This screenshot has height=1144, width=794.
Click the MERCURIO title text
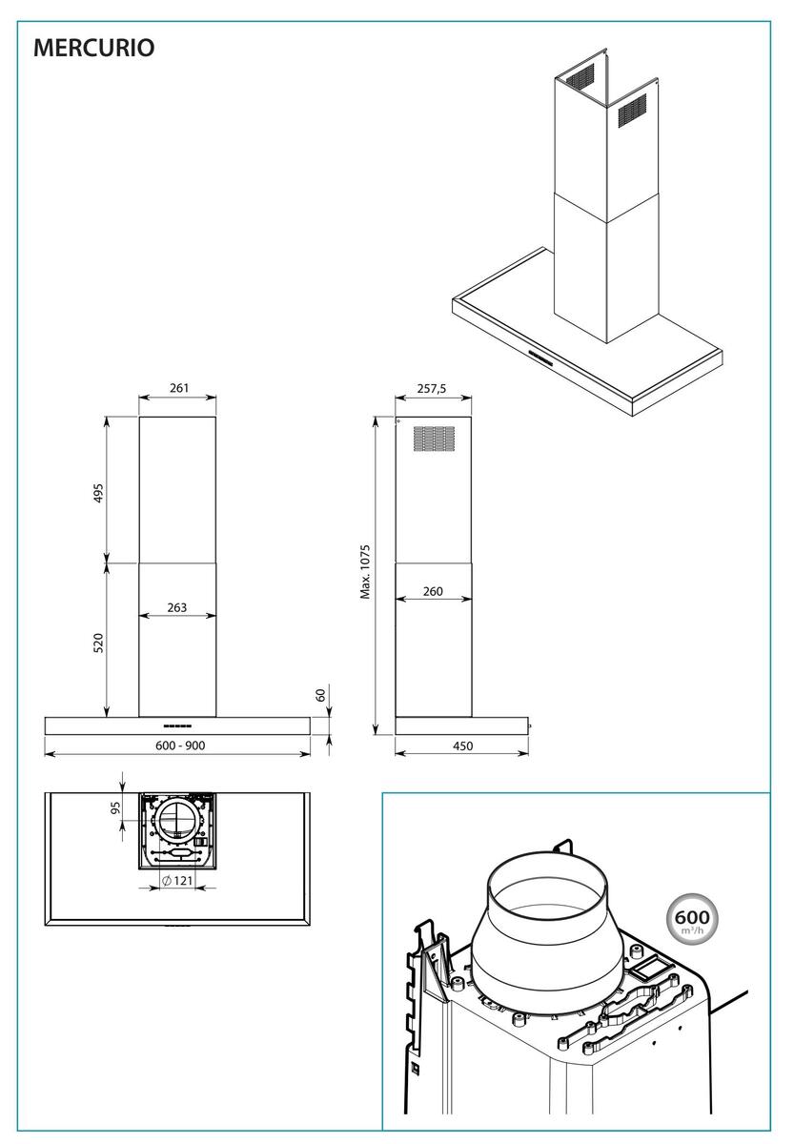tap(93, 48)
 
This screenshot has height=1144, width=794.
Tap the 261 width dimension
tap(178, 388)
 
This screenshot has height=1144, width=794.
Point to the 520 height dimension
tap(98, 641)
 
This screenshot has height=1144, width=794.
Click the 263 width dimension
tap(178, 607)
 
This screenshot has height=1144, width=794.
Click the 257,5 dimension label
tap(433, 388)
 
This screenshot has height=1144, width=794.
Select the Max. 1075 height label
tap(365, 572)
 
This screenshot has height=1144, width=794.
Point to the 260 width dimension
tap(432, 592)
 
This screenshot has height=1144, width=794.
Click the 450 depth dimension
tap(461, 746)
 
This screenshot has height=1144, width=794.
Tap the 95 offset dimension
tap(115, 809)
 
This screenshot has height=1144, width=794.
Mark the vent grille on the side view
tap(433, 438)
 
